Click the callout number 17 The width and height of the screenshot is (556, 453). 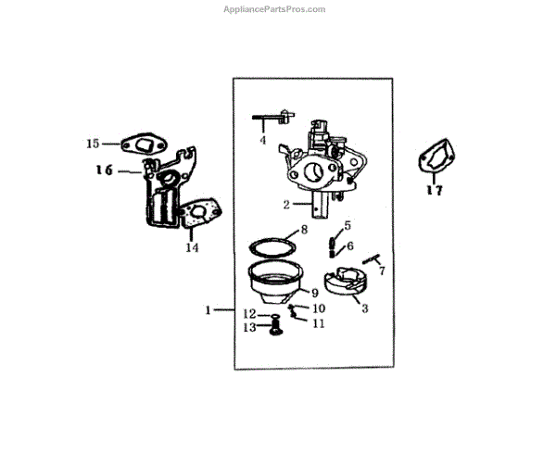pyautogui.click(x=434, y=191)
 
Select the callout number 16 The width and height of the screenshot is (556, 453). pyautogui.click(x=103, y=170)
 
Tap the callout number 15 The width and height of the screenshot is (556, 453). pyautogui.click(x=93, y=144)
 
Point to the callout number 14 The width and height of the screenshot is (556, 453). pyautogui.click(x=192, y=247)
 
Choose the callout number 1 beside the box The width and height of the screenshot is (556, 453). pyautogui.click(x=209, y=309)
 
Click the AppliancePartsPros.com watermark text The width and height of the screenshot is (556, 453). pyautogui.click(x=275, y=9)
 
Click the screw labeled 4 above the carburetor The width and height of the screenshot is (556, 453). pyautogui.click(x=272, y=120)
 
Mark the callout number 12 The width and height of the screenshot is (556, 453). pyautogui.click(x=250, y=313)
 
